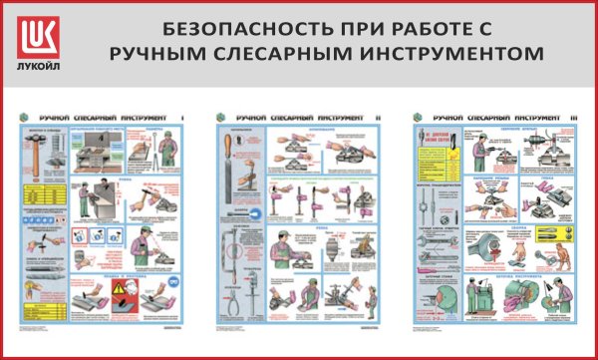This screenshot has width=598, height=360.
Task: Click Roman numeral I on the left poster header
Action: [x=183, y=118]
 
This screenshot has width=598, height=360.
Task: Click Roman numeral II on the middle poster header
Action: [x=380, y=118]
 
